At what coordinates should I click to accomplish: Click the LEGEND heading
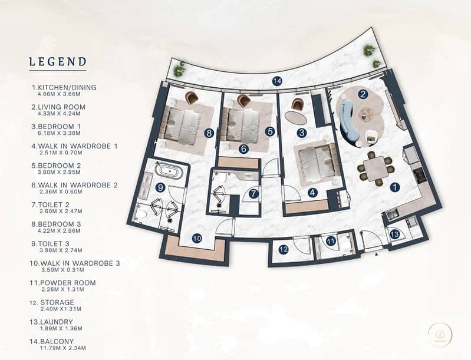[x=58, y=62]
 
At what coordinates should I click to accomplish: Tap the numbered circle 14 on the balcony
[x=277, y=81]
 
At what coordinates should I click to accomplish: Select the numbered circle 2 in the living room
[x=363, y=94]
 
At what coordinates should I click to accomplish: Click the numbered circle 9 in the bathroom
[x=161, y=187]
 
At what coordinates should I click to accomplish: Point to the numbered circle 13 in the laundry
[x=395, y=234]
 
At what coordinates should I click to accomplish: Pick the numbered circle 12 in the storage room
[x=284, y=249]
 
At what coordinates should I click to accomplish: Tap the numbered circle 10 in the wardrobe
[x=197, y=239]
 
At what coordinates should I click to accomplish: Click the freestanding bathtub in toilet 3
[x=169, y=171]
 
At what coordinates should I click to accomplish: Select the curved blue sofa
[x=349, y=121]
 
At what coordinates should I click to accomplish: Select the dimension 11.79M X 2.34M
[x=63, y=348]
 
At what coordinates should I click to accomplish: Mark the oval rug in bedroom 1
[x=295, y=117]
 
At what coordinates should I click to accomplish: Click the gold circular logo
[x=440, y=333]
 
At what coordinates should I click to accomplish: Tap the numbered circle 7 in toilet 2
[x=254, y=194]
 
